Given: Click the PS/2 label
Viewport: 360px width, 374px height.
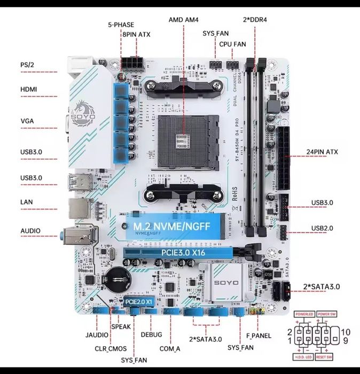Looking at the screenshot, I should point(27,65).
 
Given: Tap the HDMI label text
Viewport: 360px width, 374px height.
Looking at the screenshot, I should point(28,90).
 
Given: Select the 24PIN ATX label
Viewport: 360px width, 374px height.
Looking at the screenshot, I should point(322,152).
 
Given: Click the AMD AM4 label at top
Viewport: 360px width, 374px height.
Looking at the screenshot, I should point(184,19).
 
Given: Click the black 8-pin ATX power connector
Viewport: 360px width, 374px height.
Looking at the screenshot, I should point(131,62).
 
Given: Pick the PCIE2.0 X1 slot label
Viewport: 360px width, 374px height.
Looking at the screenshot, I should point(139,301).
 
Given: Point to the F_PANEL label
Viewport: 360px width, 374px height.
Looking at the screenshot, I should point(258,336).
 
